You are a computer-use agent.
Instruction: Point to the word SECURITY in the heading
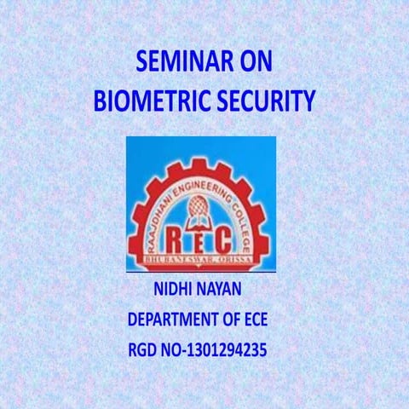(x=266, y=103)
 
